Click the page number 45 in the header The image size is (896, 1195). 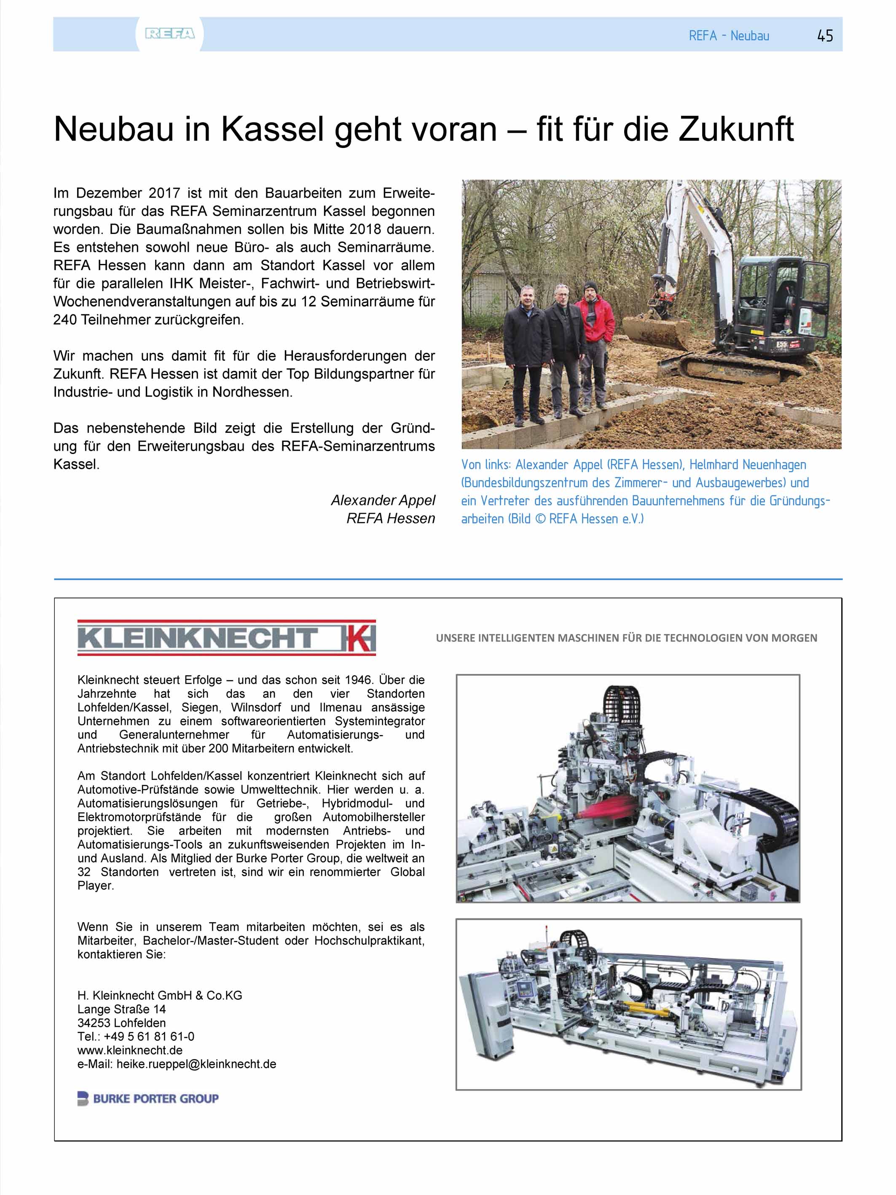[x=825, y=36]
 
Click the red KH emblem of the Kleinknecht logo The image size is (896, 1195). [x=357, y=638]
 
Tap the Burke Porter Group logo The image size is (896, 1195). [x=148, y=1098]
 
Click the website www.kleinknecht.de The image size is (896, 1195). [x=130, y=1050]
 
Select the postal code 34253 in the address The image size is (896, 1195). [x=94, y=1023]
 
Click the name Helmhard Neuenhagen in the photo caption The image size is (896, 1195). [x=748, y=465]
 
